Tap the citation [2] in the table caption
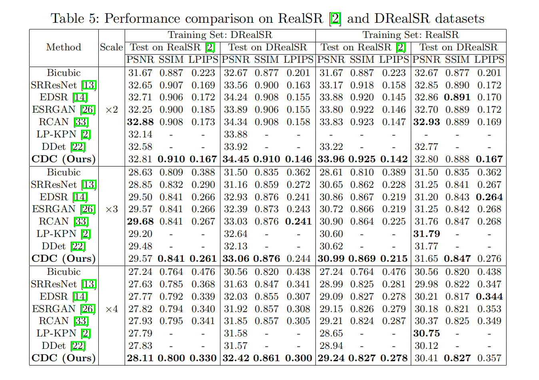coord(335,19)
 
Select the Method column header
coord(64,47)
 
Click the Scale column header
coord(112,47)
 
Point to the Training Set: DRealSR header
coord(220,35)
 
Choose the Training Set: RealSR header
coord(411,35)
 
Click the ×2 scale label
coord(112,110)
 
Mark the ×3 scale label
coord(112,209)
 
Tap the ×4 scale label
coord(112,309)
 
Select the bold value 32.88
coord(140,122)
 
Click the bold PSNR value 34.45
coord(236,159)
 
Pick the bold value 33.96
coord(331,159)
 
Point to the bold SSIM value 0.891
coord(457,97)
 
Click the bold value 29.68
coord(140,221)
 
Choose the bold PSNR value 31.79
coord(427,234)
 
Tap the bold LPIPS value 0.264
coord(489,197)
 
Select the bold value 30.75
coord(427,333)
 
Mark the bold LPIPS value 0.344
coord(489,296)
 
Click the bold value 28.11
coord(140,358)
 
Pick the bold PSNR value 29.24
coord(331,358)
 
